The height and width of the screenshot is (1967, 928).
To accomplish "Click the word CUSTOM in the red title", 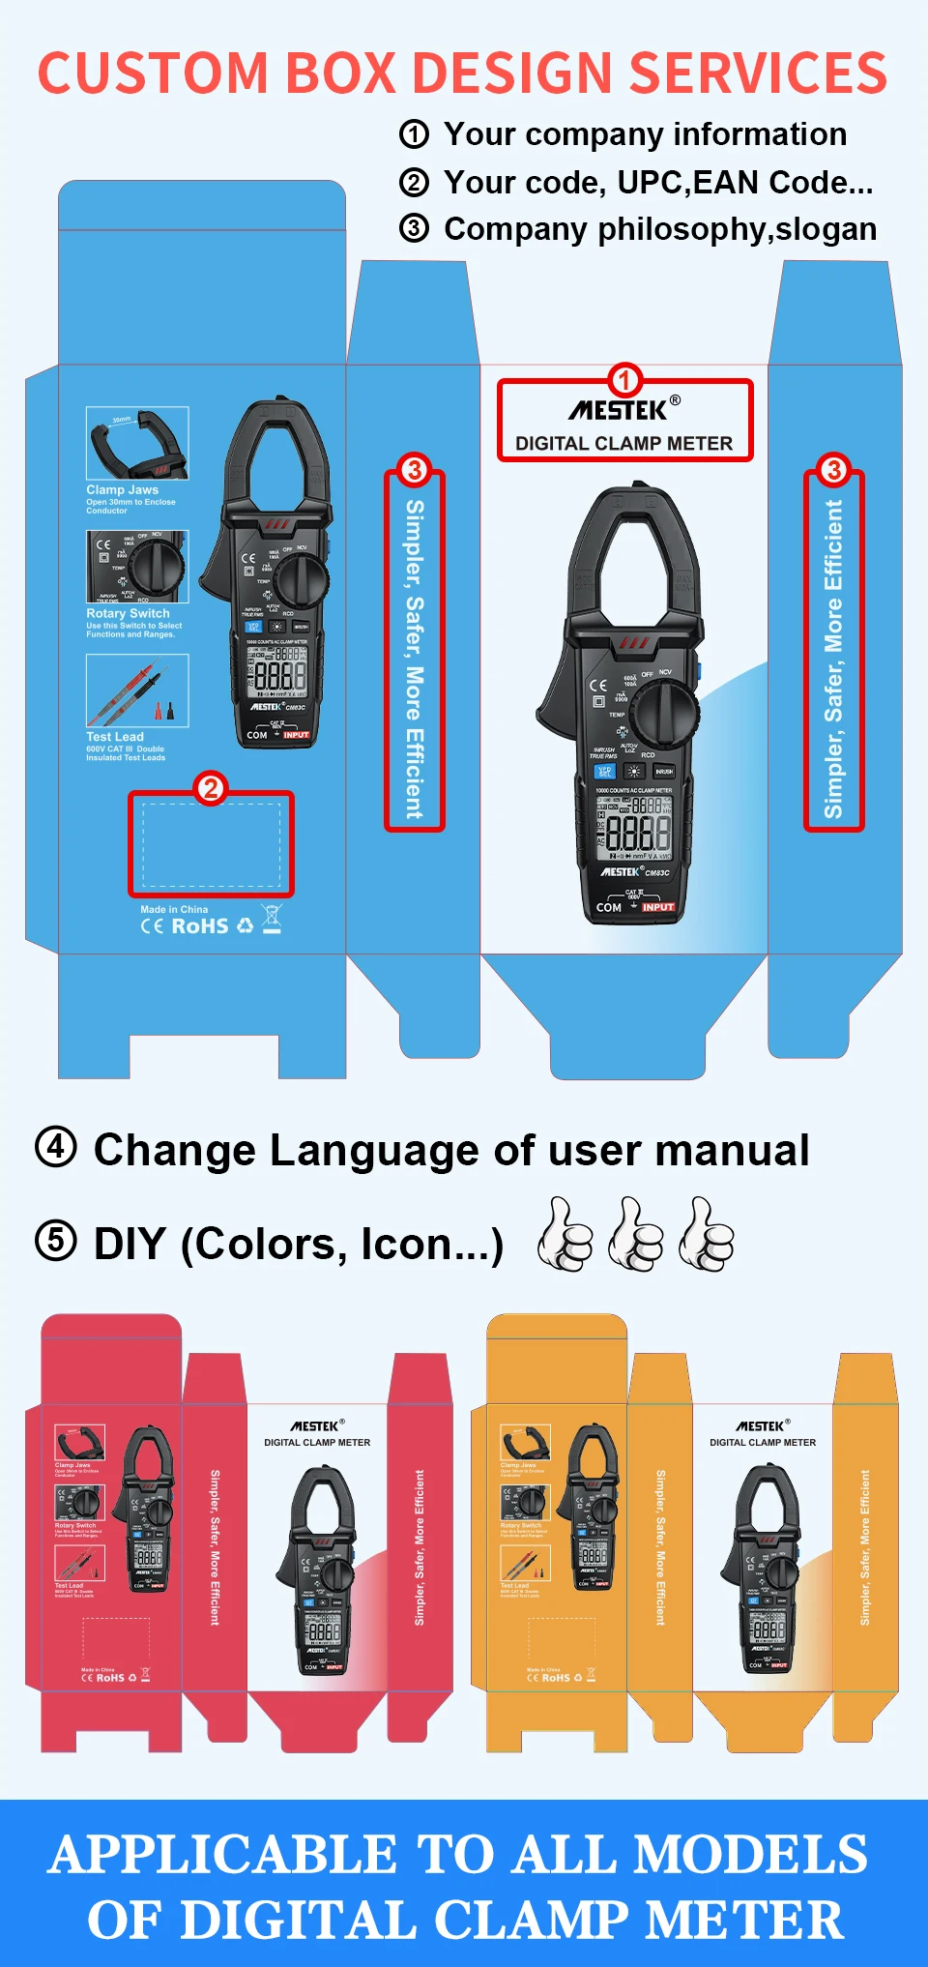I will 153,73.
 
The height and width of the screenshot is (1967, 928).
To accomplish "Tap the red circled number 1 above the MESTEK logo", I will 624,380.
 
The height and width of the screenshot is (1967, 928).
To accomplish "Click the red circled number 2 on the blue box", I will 211,788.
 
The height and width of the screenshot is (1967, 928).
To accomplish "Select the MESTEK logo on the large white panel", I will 620,411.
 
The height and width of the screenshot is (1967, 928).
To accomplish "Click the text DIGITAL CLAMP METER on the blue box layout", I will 623,444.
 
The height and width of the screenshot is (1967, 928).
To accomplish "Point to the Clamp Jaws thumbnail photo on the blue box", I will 137,443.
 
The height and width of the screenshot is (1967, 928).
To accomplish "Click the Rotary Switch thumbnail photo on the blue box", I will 137,567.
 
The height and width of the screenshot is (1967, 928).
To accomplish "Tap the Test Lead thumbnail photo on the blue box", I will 137,690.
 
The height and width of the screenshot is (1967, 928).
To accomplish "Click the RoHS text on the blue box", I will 199,925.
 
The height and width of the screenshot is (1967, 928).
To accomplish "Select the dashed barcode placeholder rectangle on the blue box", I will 212,845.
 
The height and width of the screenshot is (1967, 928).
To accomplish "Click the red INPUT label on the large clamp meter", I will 657,907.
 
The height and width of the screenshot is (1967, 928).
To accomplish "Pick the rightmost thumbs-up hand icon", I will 707,1234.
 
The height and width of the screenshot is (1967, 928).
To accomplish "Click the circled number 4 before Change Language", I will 56,1148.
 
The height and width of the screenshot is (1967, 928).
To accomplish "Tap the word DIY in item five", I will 130,1244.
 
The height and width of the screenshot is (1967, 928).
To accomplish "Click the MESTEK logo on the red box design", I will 315,1425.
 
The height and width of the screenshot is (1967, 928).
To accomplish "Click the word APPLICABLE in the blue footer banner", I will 222,1855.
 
